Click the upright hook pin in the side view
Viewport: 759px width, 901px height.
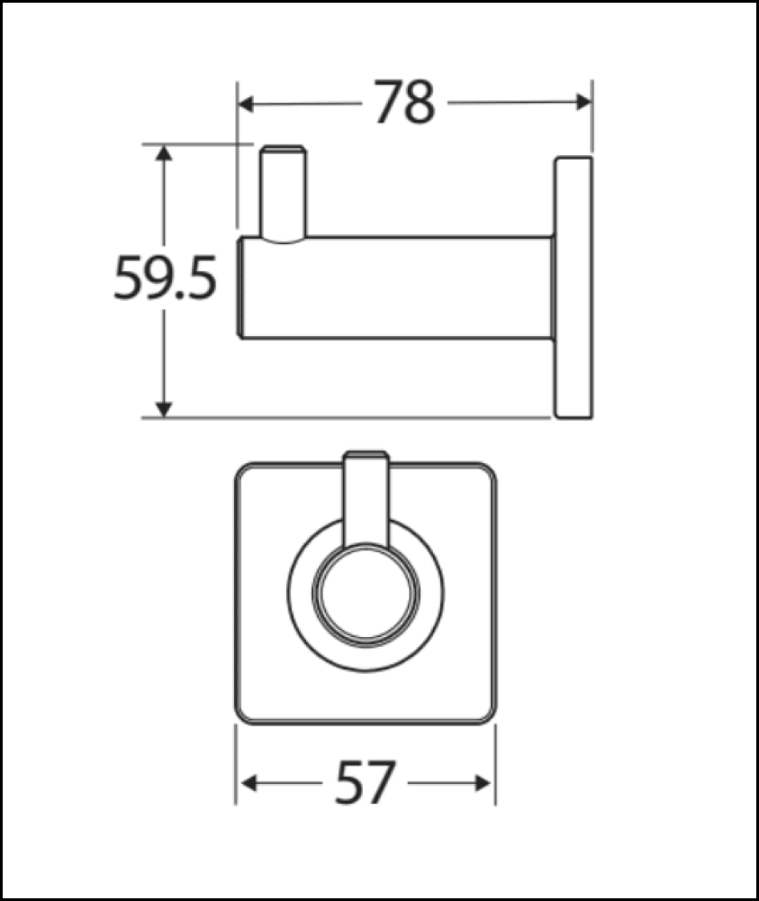pos(282,194)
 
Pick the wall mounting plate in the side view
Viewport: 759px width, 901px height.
pos(573,287)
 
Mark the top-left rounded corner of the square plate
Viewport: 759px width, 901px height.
pos(245,473)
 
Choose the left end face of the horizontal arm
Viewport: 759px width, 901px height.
pos(241,287)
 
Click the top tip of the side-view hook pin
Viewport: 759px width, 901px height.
pos(282,146)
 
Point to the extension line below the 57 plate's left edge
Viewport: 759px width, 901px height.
pos(236,766)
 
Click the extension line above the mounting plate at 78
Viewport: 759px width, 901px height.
pos(591,117)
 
